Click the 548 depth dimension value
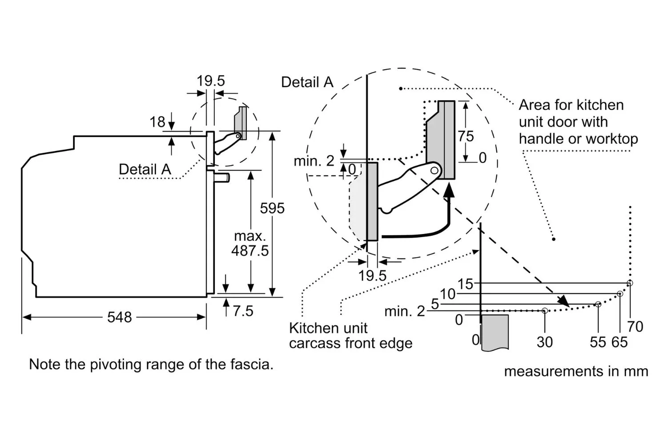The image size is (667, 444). pos(120,317)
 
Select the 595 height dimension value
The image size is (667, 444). pos(272,208)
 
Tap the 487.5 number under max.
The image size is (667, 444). pos(250,251)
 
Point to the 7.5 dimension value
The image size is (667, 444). pos(243,311)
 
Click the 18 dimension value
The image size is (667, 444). pos(157,122)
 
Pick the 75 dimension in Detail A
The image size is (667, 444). pos(466,136)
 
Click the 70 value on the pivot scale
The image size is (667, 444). pos(635,326)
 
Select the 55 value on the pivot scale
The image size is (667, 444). pos(598,342)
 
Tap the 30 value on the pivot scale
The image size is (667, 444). pos(545,342)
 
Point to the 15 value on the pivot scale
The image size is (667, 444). pos(465,284)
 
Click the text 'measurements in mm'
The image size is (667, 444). pos(576,372)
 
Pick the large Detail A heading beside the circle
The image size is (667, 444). pos(307,82)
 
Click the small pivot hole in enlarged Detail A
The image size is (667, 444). pos(434,170)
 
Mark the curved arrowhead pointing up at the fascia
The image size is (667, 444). pos(449,190)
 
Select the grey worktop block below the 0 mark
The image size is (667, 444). pos(494,333)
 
